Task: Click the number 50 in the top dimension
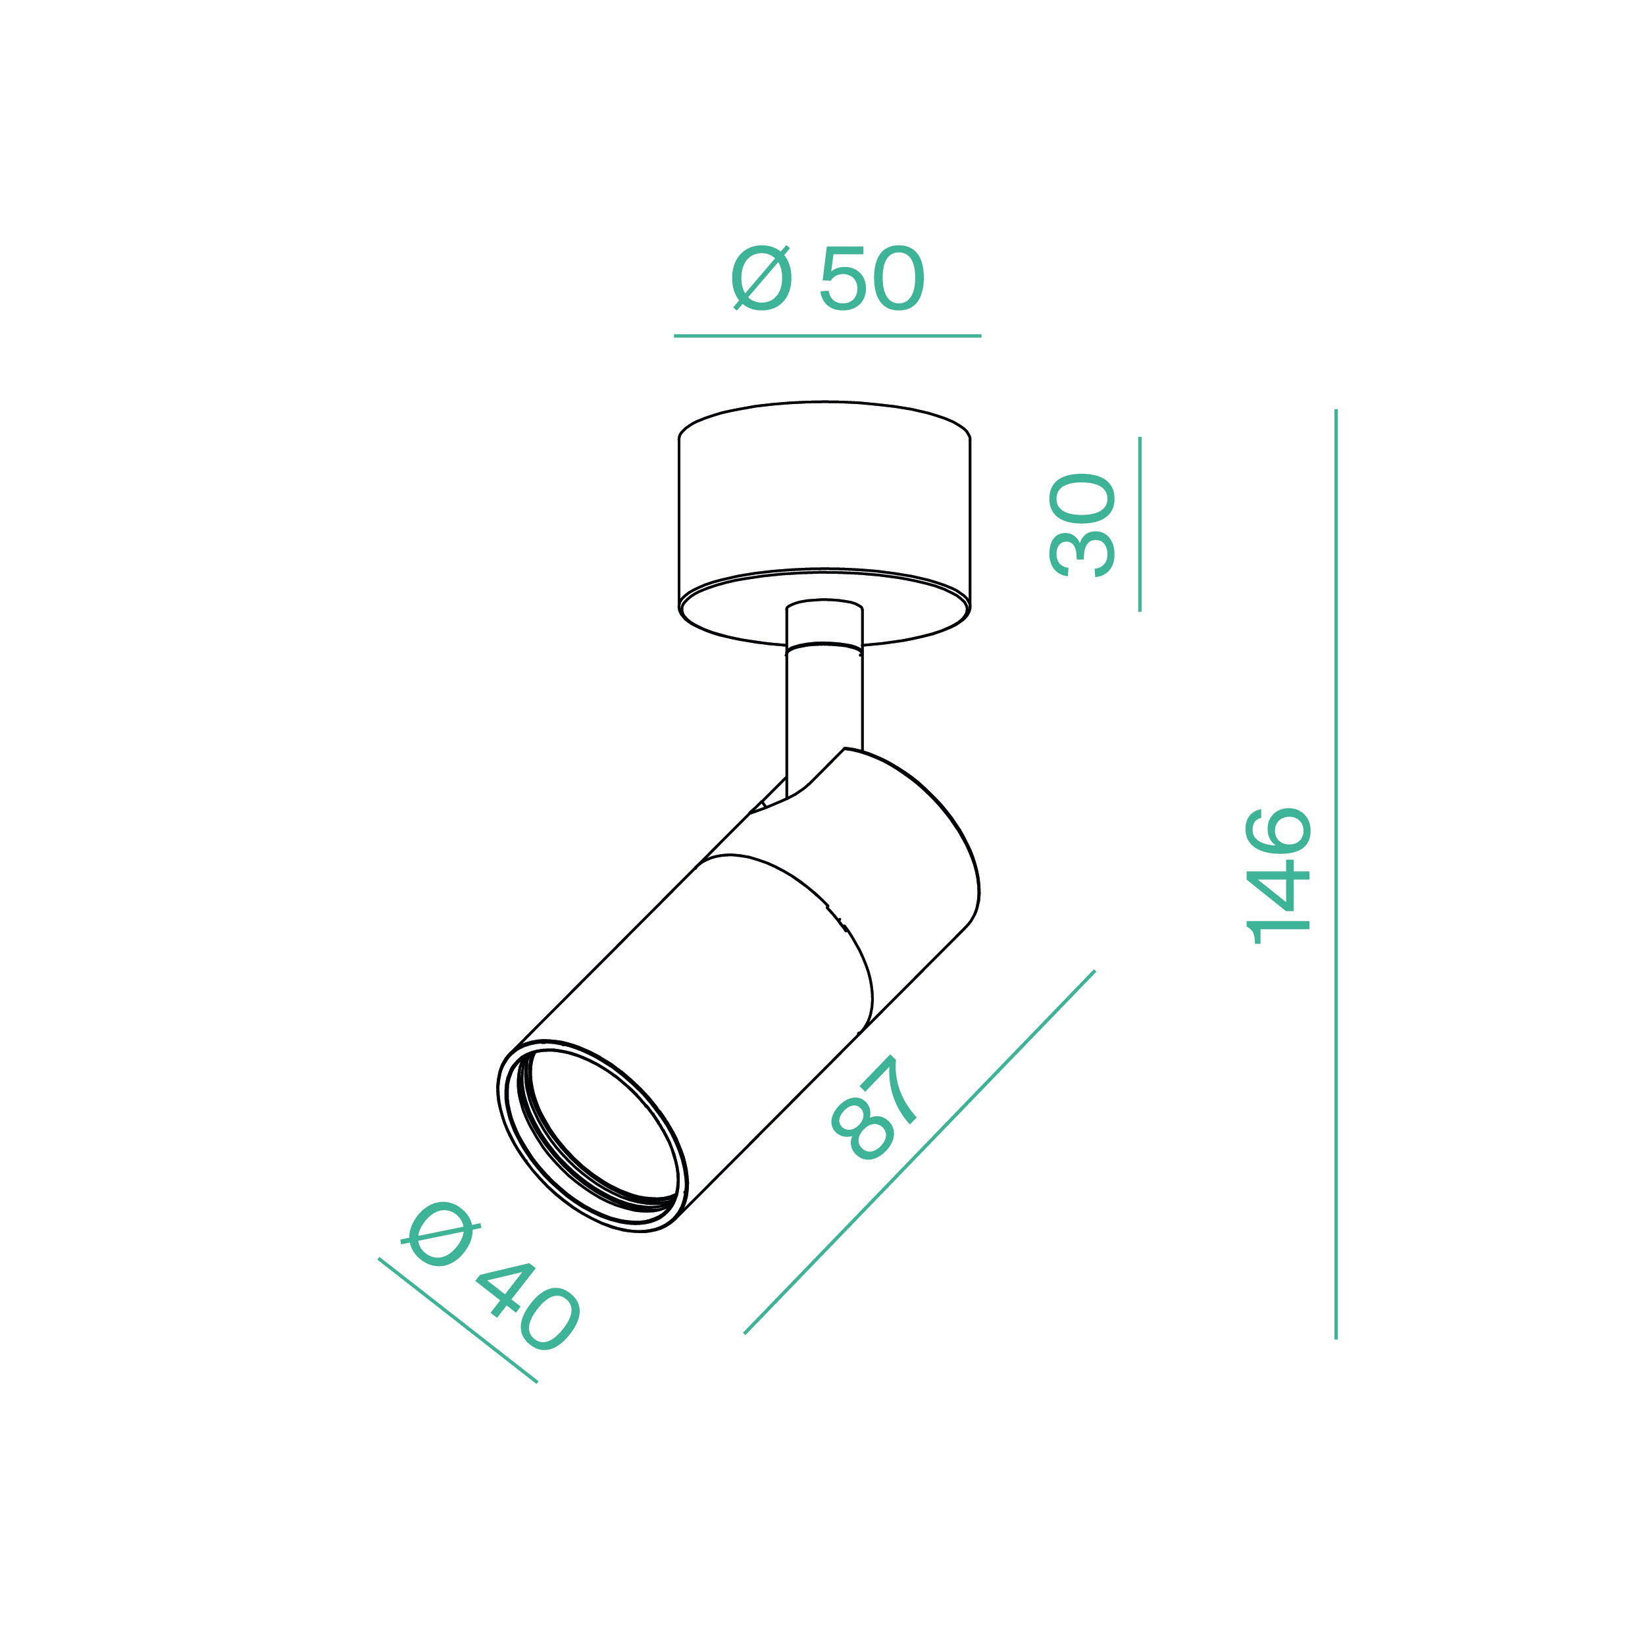[x=871, y=278]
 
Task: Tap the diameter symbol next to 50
[x=761, y=278]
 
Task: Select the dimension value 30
[x=1082, y=525]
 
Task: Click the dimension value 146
[x=1278, y=876]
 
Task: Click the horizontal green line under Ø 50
[x=826, y=336]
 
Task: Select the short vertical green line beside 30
[x=1139, y=524]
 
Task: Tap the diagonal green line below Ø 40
[x=457, y=1320]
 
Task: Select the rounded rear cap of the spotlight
[x=920, y=817]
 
